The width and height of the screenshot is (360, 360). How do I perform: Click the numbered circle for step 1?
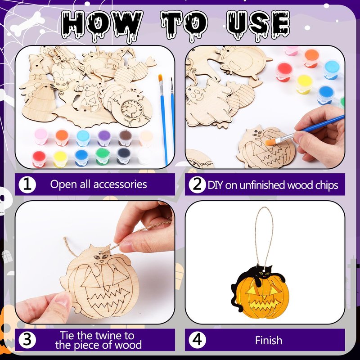27,184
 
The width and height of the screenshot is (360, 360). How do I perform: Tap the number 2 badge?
197,184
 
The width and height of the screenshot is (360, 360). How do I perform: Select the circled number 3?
27,340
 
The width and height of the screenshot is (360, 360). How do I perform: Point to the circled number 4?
197,340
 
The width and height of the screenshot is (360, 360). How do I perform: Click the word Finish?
268,340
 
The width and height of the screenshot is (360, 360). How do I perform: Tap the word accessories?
120,184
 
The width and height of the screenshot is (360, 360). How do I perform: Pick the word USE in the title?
258,25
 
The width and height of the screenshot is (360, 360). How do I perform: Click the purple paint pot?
104,138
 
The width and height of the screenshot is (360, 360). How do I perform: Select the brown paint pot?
125,138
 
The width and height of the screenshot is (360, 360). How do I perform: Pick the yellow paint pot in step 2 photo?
304,84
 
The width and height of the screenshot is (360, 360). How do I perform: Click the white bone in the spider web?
27,24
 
